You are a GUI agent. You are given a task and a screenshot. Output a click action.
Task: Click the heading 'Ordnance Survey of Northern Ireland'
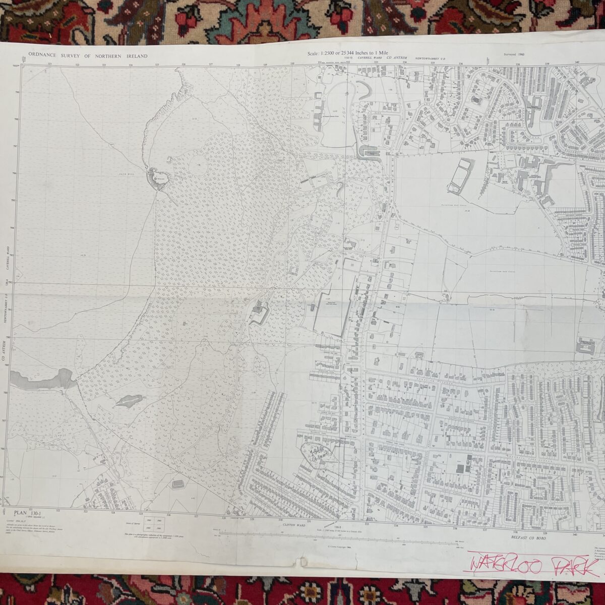(88, 56)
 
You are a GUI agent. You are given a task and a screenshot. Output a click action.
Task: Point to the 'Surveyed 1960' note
(514, 53)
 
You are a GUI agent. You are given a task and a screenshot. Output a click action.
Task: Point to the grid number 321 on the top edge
(49, 64)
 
